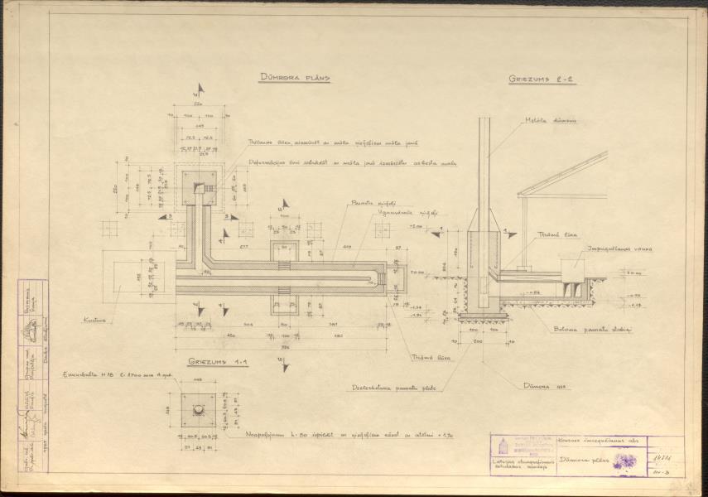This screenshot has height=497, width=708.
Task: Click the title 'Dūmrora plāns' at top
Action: (x=294, y=79)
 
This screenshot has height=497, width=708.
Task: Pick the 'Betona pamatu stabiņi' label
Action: (x=592, y=330)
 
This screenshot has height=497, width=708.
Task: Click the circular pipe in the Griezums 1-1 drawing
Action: (x=200, y=410)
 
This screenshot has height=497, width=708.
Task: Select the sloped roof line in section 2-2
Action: (x=563, y=174)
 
